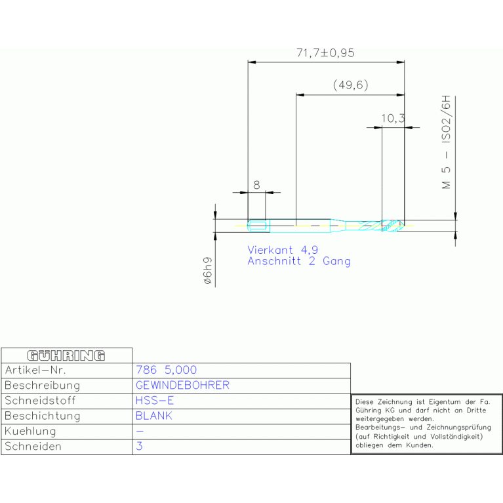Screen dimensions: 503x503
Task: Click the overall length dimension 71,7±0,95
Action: pos(325,53)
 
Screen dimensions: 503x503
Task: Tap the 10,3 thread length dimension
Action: pos(393,118)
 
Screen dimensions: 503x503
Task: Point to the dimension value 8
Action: pos(256,185)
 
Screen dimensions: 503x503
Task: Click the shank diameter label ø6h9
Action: pos(208,270)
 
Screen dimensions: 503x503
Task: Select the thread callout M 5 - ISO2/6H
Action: pos(446,142)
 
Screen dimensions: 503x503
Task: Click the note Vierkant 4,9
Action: pos(283,250)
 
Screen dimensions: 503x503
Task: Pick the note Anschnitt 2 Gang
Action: pos(299,261)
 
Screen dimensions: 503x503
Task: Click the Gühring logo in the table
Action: pos(66,355)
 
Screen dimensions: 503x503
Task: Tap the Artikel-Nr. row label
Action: pos(35,370)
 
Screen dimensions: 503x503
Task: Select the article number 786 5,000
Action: pos(166,370)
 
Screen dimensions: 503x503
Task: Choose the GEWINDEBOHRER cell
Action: pos(182,385)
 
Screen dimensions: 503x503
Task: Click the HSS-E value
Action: pos(155,401)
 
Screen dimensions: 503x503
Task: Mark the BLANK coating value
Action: pos(153,416)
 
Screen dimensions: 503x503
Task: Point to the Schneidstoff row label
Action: pos(40,401)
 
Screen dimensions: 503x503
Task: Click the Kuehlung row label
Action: pos(30,431)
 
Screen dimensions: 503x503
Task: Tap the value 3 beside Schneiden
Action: pos(139,446)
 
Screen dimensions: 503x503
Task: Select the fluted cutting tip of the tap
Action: pos(393,225)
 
